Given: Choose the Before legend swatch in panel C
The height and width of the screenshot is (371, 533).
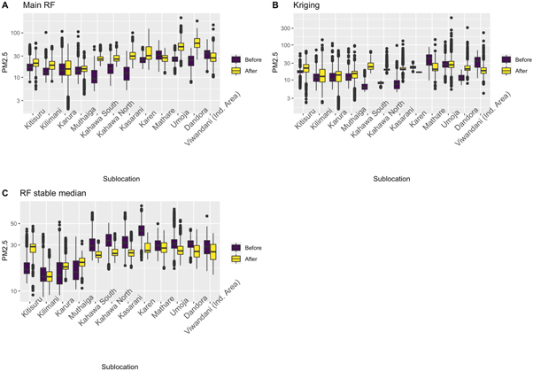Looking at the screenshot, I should [237, 245].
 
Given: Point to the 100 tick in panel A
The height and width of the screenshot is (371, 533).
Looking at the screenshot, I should [15, 33].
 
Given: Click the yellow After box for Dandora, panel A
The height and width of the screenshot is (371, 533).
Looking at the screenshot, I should [197, 43].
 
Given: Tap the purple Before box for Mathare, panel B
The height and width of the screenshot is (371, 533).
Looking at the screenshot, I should [429, 60].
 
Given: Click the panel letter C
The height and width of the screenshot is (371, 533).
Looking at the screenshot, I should [5, 192].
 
